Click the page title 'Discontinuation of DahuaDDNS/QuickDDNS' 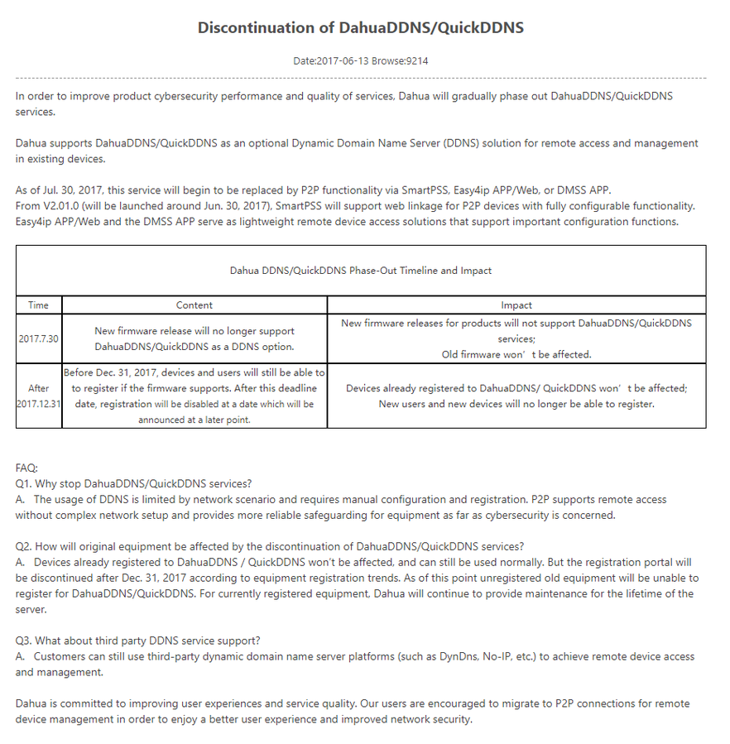[x=360, y=27]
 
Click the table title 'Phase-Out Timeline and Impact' [x=360, y=270]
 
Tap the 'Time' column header [x=38, y=305]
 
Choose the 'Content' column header [x=195, y=305]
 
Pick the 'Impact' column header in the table [x=516, y=305]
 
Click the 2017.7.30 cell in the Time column [x=38, y=338]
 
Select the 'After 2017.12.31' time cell [x=38, y=396]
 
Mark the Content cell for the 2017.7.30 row [x=195, y=338]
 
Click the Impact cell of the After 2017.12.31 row [x=516, y=396]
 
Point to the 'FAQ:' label [x=26, y=468]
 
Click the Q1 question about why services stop [x=133, y=483]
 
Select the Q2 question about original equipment [x=269, y=546]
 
